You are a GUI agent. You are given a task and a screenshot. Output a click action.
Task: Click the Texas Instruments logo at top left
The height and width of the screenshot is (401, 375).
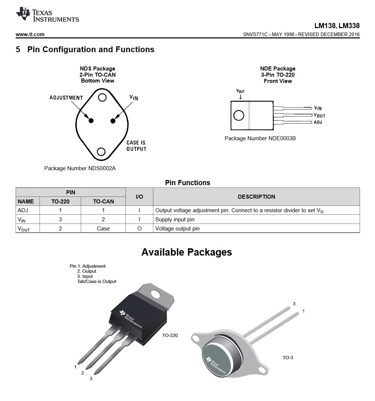(x=47, y=15)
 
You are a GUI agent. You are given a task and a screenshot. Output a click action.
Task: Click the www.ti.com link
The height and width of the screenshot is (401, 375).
(x=30, y=34)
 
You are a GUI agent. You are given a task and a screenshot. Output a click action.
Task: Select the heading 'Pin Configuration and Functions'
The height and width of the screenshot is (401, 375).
(x=91, y=49)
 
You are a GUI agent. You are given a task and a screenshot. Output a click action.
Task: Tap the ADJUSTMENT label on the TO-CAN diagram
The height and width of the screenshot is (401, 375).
(x=66, y=98)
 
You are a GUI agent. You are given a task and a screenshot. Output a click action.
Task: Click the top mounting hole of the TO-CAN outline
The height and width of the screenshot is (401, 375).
(x=102, y=97)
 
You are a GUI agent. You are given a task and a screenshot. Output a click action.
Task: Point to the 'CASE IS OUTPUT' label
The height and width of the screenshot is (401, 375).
(x=136, y=146)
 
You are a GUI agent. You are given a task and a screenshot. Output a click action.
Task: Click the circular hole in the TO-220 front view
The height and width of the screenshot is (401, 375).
(x=239, y=115)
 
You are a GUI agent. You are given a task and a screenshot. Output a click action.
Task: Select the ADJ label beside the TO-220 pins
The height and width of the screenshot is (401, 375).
(x=318, y=122)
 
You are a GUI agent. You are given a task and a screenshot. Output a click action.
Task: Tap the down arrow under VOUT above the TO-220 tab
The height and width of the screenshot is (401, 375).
(x=240, y=97)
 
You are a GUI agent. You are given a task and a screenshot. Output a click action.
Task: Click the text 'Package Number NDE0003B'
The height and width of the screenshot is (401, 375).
(x=260, y=138)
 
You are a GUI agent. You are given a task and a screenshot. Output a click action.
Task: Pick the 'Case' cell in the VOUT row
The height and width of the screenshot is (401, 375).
(x=103, y=228)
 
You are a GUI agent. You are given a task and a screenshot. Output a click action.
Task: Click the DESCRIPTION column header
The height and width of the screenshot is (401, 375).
(x=256, y=196)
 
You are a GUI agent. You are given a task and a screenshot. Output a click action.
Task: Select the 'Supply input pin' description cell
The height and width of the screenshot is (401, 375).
(x=175, y=219)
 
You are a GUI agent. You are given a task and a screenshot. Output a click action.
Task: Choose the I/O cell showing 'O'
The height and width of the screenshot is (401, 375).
(x=139, y=228)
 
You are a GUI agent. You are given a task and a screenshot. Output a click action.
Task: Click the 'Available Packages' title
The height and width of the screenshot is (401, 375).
(x=187, y=252)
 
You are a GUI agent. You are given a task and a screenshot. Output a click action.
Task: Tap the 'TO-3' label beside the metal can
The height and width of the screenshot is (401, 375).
(x=288, y=358)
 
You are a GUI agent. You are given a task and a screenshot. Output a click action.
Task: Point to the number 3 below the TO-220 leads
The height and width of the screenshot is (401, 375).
(x=91, y=378)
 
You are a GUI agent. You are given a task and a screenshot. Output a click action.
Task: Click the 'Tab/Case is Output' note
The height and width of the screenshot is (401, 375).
(x=97, y=282)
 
